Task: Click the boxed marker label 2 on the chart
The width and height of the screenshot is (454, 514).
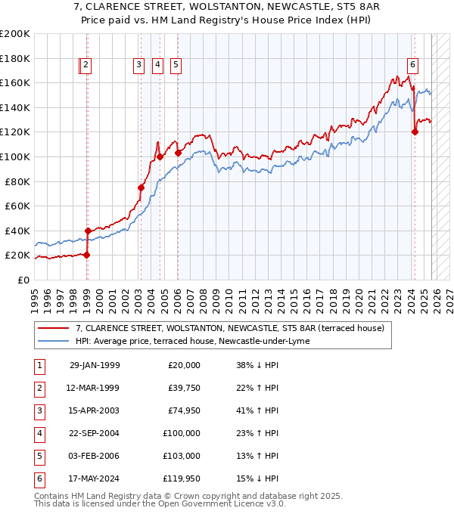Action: coord(86,66)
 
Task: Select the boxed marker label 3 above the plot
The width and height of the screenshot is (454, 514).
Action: coord(139,66)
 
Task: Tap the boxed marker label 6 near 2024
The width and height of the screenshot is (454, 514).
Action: coord(413,66)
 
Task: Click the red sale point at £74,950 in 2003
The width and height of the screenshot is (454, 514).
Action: coord(141,187)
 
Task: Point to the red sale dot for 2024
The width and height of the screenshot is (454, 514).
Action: coord(415,132)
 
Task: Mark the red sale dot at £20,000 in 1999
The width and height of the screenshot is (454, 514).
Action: coord(87,255)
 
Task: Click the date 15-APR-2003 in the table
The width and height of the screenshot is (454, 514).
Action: coord(94,410)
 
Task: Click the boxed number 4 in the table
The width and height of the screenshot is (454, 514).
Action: coord(39,433)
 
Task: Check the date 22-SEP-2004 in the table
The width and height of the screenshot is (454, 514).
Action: coord(94,433)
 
